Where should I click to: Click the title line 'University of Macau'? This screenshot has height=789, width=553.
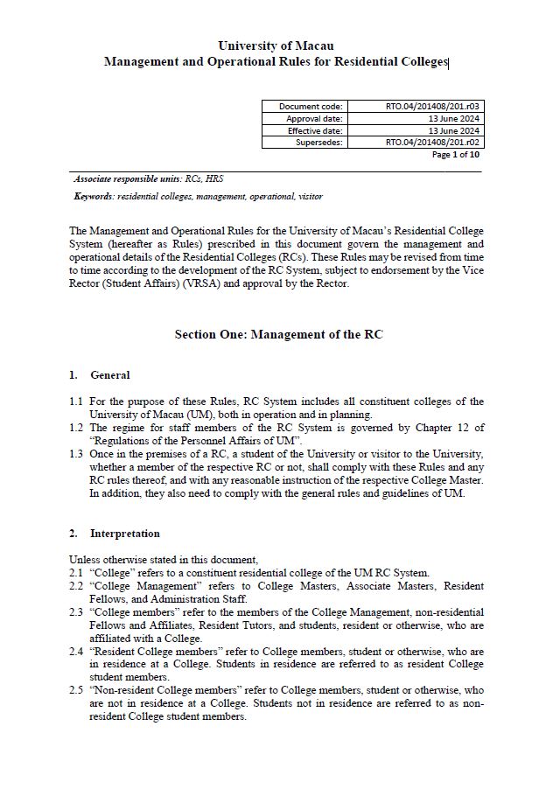click(276, 45)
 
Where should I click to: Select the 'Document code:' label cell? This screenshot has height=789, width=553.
click(311, 106)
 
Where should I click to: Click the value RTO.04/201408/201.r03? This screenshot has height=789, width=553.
click(435, 106)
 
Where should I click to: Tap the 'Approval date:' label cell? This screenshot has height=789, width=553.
click(314, 118)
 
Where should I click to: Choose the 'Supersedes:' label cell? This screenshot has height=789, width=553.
click(319, 142)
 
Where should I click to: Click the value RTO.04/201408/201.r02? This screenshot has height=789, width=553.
click(435, 142)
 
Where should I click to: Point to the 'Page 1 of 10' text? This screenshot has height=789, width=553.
click(456, 155)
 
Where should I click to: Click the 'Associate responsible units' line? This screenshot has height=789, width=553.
click(137, 178)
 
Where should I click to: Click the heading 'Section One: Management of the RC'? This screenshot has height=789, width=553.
click(278, 334)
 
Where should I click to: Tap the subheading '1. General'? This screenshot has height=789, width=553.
click(100, 375)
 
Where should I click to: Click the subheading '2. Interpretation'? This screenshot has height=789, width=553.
click(115, 533)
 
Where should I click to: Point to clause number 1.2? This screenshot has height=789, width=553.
click(76, 427)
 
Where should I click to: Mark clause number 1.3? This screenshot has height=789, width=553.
click(76, 453)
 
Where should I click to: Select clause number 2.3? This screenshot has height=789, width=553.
click(76, 612)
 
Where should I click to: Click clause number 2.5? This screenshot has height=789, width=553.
click(76, 690)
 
